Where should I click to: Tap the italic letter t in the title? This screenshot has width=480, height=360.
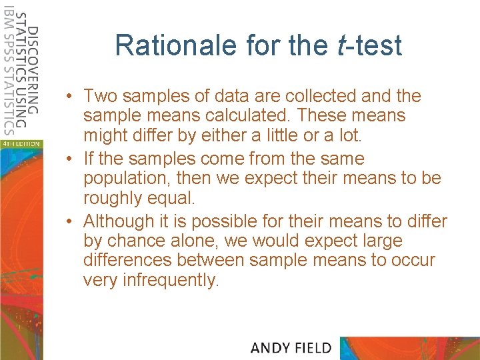pyautogui.click(x=340, y=45)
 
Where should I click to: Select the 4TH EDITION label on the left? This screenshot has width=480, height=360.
pyautogui.click(x=20, y=143)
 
